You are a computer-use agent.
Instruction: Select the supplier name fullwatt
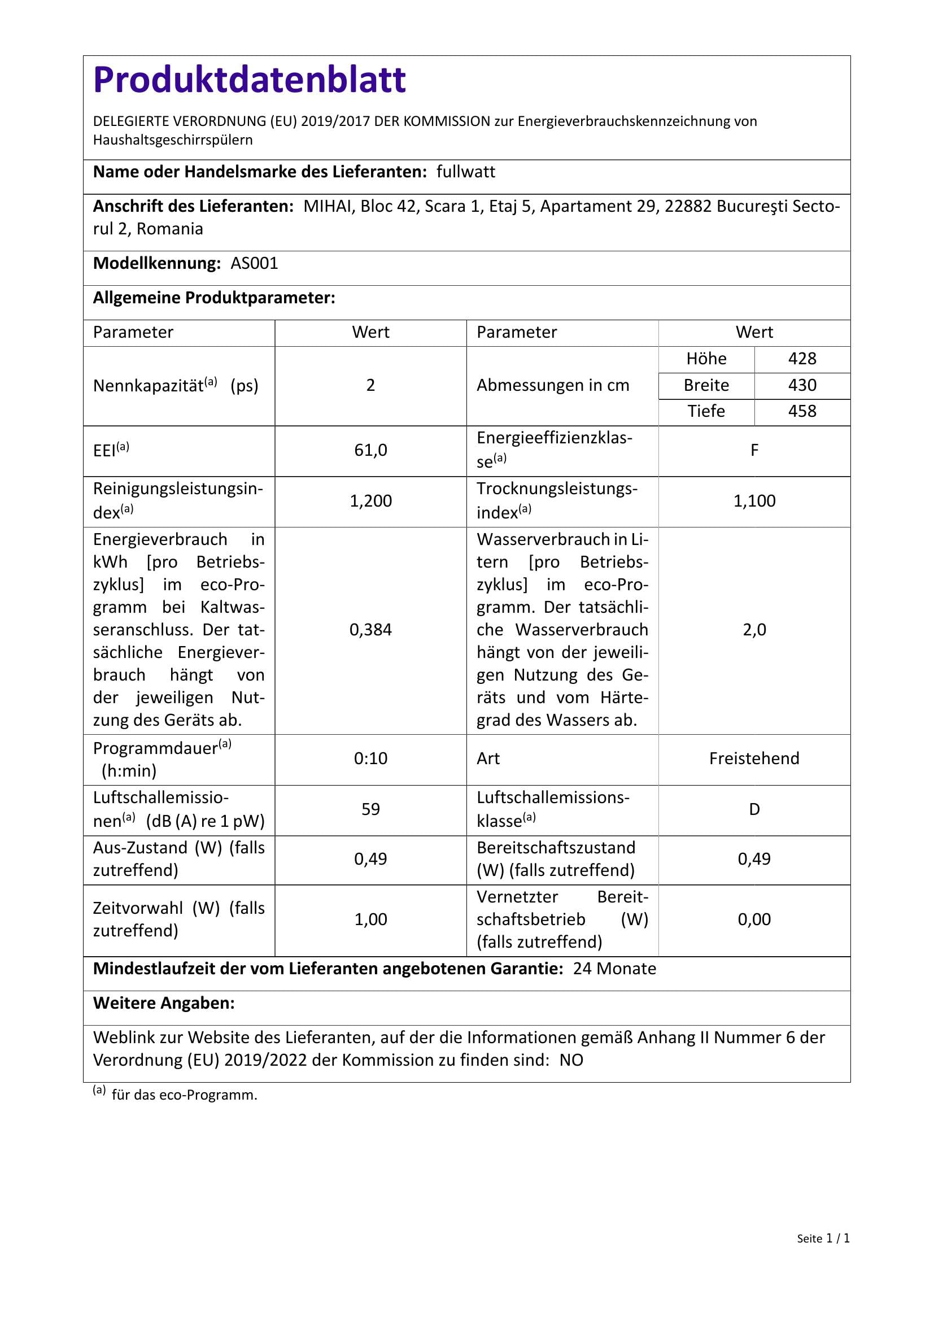pos(465,172)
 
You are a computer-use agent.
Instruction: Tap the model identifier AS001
pos(254,264)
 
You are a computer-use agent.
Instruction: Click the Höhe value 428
pos(802,359)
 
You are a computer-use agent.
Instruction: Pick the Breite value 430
pos(802,385)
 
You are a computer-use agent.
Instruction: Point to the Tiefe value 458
pos(802,411)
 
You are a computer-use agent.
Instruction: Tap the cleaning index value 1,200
pos(370,500)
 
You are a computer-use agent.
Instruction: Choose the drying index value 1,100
pos(754,500)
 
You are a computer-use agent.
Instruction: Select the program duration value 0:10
pos(370,758)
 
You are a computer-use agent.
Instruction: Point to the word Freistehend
pos(754,758)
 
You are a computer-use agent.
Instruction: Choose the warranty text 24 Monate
pos(614,969)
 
